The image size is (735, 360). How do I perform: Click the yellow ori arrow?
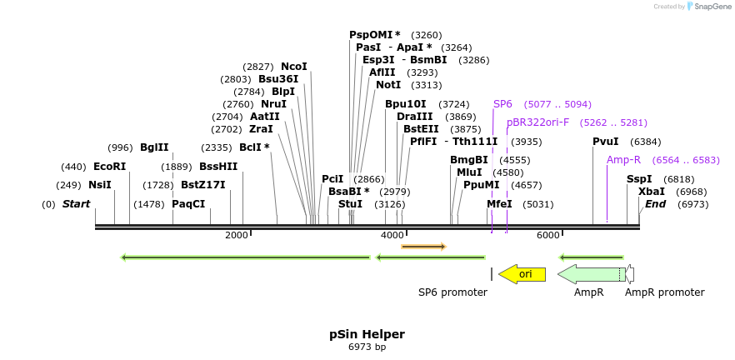click(522, 274)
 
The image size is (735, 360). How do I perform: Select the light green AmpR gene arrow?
click(590, 274)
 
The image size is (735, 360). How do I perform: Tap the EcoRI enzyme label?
click(109, 167)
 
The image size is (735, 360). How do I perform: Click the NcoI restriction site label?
click(293, 67)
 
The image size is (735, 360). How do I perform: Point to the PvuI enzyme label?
click(605, 142)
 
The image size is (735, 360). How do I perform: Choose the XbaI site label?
click(651, 192)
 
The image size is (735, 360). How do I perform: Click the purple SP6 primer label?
click(502, 104)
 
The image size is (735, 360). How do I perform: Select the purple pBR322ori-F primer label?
click(537, 122)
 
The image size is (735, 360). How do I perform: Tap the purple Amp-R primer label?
click(623, 160)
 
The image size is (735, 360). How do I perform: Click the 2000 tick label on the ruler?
click(237, 236)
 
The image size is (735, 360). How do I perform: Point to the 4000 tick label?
click(392, 236)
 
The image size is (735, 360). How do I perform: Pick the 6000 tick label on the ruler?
click(547, 236)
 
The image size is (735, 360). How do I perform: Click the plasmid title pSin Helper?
click(367, 334)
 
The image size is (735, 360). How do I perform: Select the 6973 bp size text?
click(367, 347)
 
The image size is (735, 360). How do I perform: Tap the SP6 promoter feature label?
click(452, 292)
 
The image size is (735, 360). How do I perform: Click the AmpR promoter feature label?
click(664, 292)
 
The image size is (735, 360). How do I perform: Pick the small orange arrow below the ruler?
click(423, 247)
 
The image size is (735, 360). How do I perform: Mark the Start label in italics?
click(76, 204)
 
